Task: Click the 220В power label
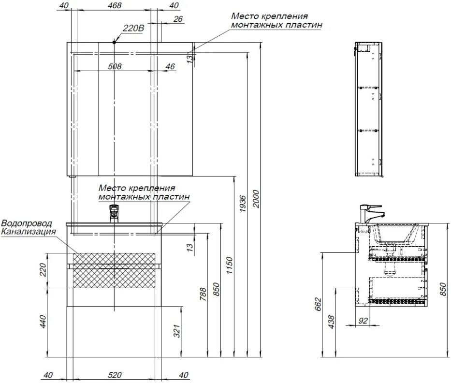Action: point(133,29)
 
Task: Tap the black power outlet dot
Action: point(115,42)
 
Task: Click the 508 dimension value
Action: point(115,66)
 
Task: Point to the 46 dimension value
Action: point(170,66)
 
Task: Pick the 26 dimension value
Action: point(177,19)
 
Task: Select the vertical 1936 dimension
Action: point(243,203)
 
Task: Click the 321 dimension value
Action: point(177,331)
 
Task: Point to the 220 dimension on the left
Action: point(43,270)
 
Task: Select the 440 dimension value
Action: point(43,322)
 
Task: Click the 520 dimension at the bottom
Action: point(115,375)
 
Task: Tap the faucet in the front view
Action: point(114,213)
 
